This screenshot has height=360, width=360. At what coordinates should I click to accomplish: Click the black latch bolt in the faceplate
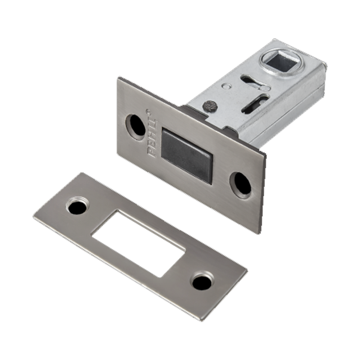[186, 156]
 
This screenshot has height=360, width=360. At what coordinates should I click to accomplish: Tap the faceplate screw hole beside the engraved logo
[136, 127]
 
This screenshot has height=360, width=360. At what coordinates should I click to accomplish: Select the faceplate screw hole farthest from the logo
[240, 185]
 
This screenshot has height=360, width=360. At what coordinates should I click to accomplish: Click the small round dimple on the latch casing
[226, 86]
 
